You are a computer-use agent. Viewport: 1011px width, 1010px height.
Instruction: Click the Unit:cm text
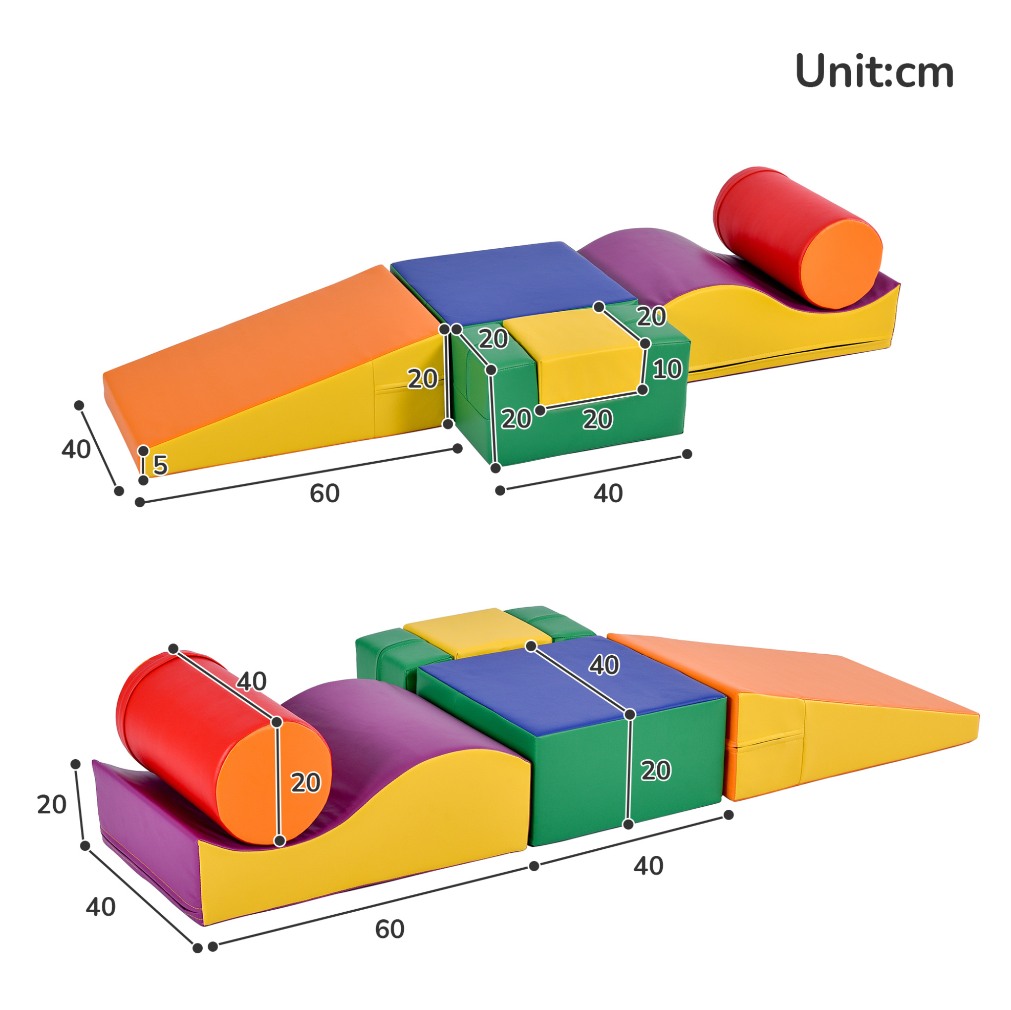point(874,71)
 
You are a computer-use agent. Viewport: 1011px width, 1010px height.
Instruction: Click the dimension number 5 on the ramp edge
point(160,465)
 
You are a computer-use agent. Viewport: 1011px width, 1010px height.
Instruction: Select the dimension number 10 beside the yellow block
point(667,369)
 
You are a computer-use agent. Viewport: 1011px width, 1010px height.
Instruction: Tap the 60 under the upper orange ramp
point(325,493)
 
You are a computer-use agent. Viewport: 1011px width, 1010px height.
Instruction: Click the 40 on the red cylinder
point(252,681)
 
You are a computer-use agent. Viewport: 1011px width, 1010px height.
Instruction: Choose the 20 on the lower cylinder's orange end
point(306,783)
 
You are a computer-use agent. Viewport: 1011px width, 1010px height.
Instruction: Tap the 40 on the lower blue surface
point(605,665)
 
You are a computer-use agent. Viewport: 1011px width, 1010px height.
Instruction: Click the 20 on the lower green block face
point(656,771)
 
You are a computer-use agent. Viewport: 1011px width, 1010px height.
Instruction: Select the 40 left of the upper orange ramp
point(76,449)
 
